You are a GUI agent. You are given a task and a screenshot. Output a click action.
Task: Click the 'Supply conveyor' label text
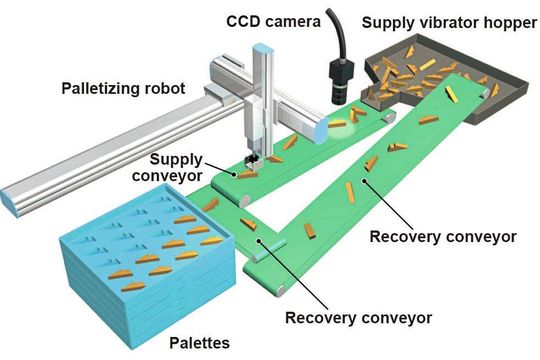point(179,167)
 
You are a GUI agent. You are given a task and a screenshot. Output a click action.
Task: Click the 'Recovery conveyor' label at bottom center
point(360,318)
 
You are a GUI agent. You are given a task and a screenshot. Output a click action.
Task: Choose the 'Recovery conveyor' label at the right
point(443,237)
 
